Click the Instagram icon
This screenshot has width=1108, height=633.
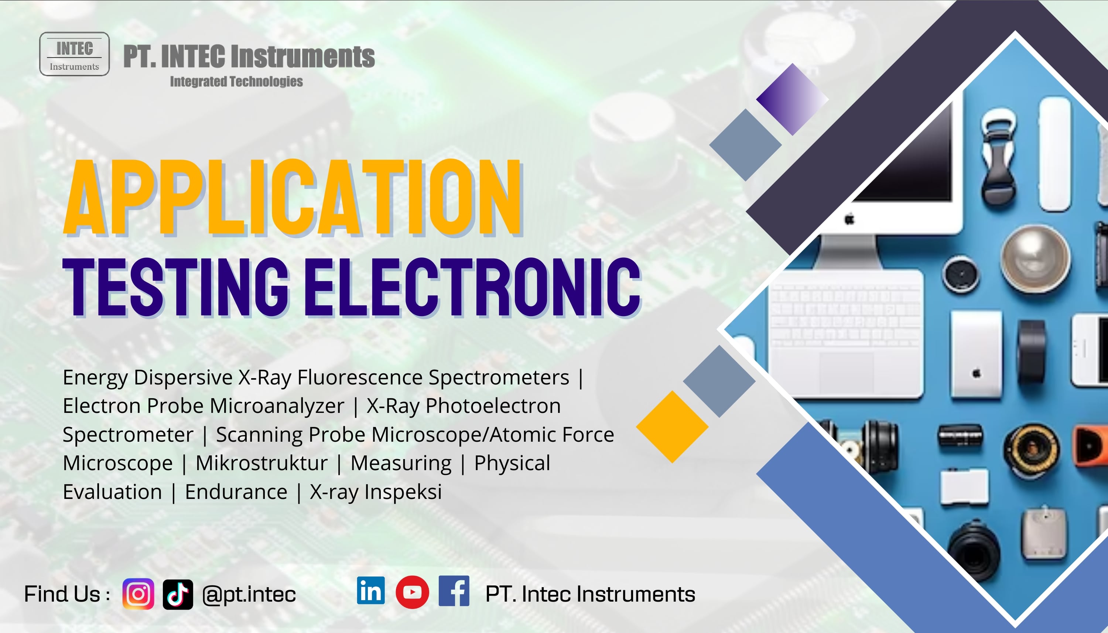[138, 594]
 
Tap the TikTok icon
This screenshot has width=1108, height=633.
[178, 594]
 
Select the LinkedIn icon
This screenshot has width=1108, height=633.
[371, 591]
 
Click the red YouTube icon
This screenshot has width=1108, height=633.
[412, 592]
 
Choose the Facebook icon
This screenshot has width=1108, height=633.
[454, 591]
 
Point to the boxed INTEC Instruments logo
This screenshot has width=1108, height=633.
[74, 54]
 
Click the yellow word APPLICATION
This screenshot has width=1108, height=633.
[293, 198]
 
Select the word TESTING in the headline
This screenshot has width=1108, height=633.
[175, 287]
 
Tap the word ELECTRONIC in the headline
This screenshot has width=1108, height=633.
[472, 287]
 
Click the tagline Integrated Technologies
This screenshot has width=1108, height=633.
[236, 81]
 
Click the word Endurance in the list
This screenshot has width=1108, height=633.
[236, 492]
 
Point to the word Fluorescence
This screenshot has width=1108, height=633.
[360, 377]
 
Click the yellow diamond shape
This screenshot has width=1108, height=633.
[672, 427]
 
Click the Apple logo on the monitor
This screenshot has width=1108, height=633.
[849, 219]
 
